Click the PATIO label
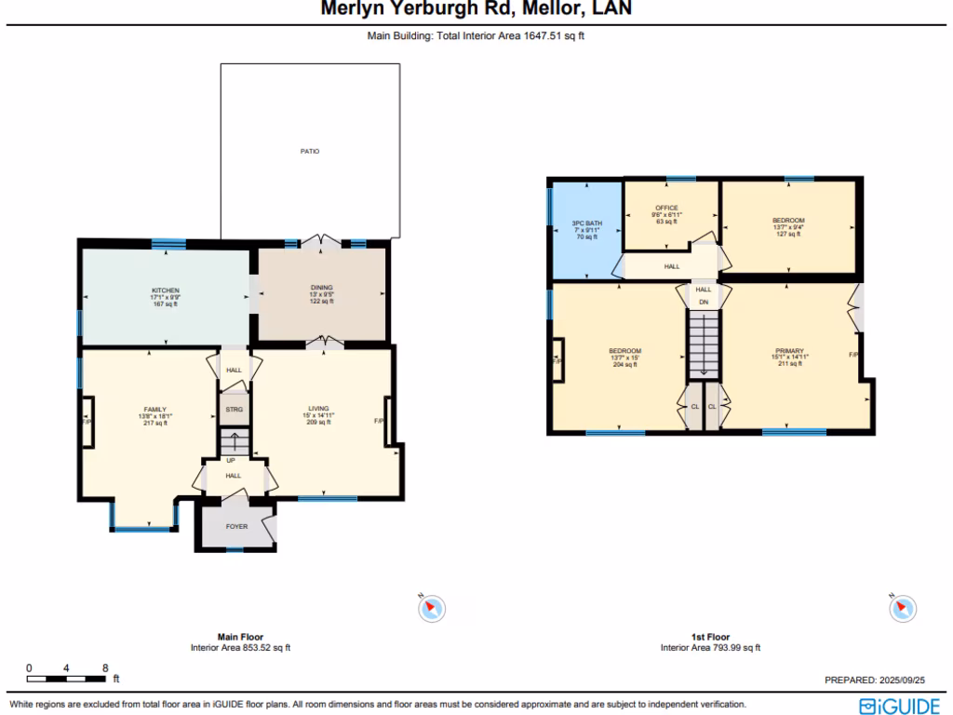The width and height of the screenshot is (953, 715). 310,151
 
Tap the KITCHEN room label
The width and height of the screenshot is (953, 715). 166,290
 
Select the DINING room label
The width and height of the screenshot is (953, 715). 321,288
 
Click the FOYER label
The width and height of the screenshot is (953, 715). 236,527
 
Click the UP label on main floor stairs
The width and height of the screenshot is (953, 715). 231,460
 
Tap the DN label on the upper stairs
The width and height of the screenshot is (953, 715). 704,303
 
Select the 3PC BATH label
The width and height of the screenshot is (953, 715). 586,223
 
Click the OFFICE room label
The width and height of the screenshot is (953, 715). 666,208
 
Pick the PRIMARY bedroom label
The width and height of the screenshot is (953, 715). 789,351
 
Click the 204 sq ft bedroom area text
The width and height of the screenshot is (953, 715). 624,365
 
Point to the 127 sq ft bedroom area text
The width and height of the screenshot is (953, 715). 787,235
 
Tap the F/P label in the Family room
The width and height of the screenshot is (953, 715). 87,422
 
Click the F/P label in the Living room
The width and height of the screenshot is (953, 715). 379,421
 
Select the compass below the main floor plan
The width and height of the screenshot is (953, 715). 431,608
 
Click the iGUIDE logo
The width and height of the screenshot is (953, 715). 899,706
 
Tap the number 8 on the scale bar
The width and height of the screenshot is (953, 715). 105,668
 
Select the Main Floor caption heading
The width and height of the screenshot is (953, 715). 240,638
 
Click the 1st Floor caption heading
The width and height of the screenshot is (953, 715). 710,638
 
